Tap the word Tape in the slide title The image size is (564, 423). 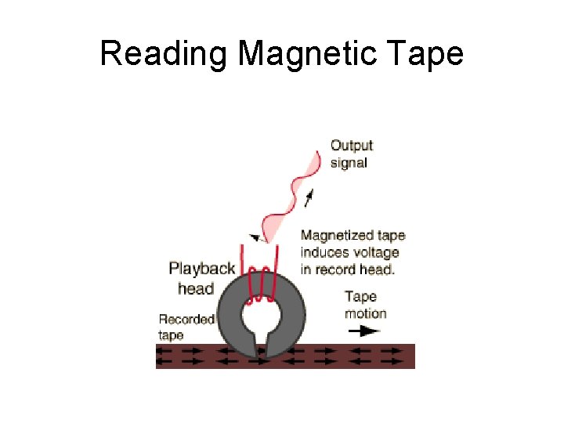pos(430,54)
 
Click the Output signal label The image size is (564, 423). pos(352,154)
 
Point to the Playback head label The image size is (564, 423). pos(201,278)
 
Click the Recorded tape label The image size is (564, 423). pos(186,327)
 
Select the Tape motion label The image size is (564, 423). pos(365,305)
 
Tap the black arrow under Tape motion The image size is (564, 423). pos(364,331)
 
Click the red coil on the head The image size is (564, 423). pos(259,287)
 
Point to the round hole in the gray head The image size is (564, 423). pos(259,317)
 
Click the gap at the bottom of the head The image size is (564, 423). pos(262,345)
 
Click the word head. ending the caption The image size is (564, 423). pos(378,269)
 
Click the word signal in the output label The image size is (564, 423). pos(349,163)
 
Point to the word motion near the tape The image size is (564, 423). pos(365,313)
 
